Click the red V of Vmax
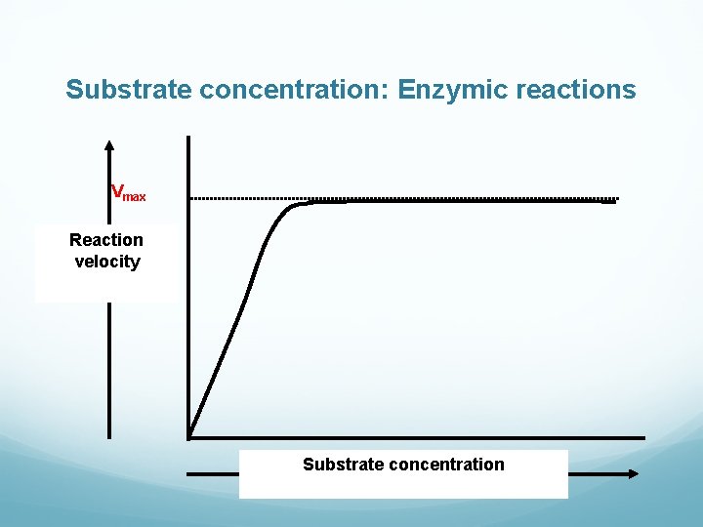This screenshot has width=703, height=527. pos(117,191)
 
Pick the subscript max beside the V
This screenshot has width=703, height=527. pos(135,197)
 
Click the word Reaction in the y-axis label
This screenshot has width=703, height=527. pos(106,240)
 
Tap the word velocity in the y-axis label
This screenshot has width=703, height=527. pos(106,262)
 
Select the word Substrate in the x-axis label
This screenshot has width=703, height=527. pos(343,465)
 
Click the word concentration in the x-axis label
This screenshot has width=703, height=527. pos(446,465)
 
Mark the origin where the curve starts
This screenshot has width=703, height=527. pos(189,435)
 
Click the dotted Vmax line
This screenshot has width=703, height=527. pos(439,198)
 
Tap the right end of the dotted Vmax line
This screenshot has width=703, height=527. pos(616,199)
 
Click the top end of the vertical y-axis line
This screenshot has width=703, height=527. pos(187,137)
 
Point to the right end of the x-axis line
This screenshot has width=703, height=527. pos(643,437)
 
